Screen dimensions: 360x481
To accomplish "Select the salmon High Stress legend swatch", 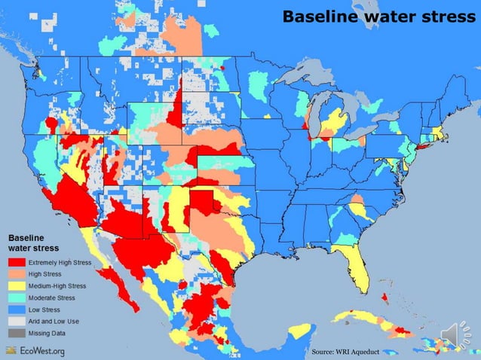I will click(17, 274).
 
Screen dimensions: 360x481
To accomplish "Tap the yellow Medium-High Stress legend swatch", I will click(17, 286).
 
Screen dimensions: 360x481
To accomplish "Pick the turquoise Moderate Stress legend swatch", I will click(17, 298).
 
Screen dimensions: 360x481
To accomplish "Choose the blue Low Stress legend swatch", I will click(17, 310).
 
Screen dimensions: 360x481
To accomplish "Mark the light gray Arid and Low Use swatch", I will click(17, 322).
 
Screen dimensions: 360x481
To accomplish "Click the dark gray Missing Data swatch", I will click(17, 333).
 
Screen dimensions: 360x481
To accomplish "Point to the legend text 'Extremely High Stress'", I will click(60, 263).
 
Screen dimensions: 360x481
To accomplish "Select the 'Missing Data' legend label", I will click(47, 333).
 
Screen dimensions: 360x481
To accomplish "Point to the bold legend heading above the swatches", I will click(33, 241).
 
